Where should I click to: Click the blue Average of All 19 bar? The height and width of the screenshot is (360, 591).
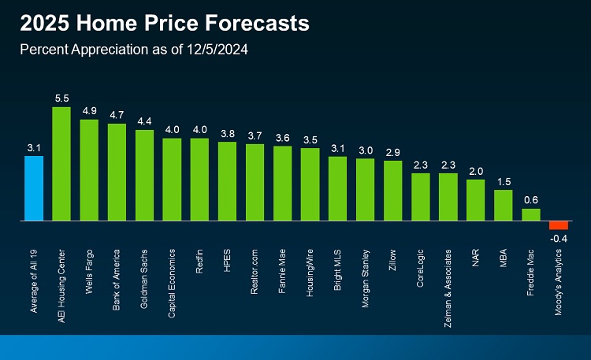click(x=34, y=188)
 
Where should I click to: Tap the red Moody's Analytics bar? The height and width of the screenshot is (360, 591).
click(x=559, y=225)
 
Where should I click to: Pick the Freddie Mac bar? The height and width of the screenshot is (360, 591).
click(x=531, y=214)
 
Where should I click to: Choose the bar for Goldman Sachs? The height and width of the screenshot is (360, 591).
click(x=144, y=175)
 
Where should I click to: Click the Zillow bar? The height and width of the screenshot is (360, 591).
click(x=393, y=191)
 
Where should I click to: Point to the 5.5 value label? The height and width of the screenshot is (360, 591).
click(x=61, y=98)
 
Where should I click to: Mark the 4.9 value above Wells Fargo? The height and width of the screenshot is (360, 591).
click(x=89, y=110)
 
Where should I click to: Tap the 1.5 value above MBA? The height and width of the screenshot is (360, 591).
click(x=504, y=181)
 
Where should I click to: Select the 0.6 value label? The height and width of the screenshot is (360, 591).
click(x=531, y=199)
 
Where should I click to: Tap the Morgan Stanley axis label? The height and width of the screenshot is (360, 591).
click(x=366, y=273)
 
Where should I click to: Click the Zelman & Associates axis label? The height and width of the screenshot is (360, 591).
click(x=448, y=279)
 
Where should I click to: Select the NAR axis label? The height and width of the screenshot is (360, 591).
click(x=476, y=258)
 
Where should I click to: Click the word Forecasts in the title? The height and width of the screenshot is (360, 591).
click(x=253, y=24)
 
